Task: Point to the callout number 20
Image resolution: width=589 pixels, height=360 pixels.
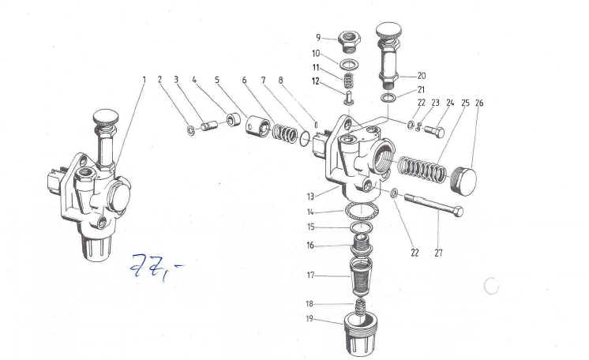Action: tap(422, 76)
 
